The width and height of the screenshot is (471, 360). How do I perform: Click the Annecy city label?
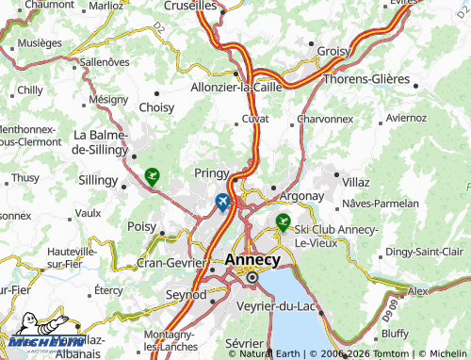pyautogui.click(x=252, y=259)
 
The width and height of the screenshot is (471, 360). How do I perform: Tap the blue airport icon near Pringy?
pyautogui.click(x=222, y=201)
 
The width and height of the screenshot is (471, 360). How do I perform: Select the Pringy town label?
pyautogui.click(x=211, y=173)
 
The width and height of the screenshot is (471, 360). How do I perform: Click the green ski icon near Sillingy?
pyautogui.click(x=152, y=174)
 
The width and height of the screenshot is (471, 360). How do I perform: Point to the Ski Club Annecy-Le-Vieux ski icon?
pyautogui.click(x=282, y=222)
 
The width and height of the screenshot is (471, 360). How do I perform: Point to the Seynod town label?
pyautogui.click(x=187, y=295)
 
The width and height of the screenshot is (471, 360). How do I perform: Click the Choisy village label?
pyautogui.click(x=156, y=107)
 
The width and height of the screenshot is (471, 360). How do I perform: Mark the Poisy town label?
pyautogui.click(x=142, y=227)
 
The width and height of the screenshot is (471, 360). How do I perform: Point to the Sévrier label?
pyautogui.click(x=243, y=344)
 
